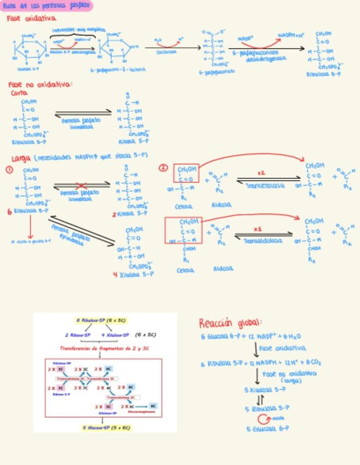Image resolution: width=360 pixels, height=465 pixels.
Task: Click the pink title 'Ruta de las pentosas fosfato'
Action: pos(46,6)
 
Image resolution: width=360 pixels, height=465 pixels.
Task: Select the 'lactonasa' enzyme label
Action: pos(166,53)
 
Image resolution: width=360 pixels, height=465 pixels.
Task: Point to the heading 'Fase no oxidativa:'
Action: pos(40,85)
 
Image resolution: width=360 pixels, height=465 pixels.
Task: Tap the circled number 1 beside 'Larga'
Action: pos(9,170)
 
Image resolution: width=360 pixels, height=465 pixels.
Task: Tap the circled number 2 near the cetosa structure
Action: pos(163,168)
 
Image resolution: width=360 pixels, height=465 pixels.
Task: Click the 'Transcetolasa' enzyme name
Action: pos(265,186)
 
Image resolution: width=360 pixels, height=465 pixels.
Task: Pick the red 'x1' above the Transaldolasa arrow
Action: pos(257,229)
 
